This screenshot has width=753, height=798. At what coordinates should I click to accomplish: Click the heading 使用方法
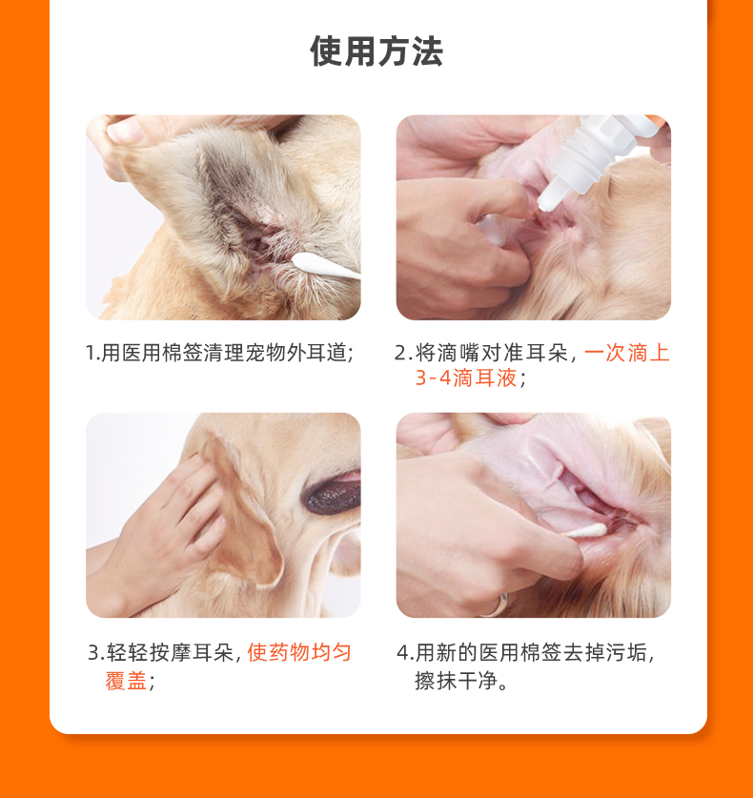(x=376, y=51)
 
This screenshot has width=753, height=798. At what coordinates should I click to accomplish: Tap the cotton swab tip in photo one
(x=304, y=262)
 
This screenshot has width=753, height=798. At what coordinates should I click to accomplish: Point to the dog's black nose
(x=333, y=494)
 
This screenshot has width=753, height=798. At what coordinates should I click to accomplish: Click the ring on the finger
(x=497, y=605)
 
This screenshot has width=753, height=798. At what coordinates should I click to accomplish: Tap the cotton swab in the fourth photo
(x=585, y=531)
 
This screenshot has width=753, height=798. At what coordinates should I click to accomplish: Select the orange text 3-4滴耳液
(x=465, y=379)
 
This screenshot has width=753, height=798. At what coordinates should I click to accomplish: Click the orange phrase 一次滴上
(x=626, y=353)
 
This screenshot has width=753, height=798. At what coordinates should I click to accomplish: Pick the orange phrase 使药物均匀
(x=299, y=652)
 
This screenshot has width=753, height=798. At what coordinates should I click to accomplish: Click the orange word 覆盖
(x=126, y=681)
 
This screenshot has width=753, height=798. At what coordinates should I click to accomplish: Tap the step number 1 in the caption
(x=92, y=353)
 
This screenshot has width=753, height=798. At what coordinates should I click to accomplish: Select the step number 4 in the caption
(x=402, y=652)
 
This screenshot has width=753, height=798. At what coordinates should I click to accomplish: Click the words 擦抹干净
(x=456, y=681)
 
